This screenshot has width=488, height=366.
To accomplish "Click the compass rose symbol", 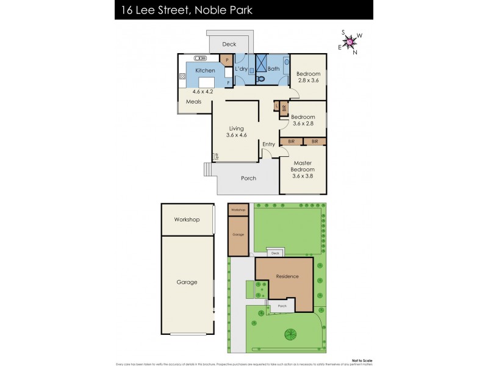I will pos(351,42).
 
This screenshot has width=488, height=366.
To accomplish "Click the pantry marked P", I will pos(227,60).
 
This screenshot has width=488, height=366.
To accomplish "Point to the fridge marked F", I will pos(228,82).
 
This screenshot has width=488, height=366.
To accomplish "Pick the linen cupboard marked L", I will pos(277,106).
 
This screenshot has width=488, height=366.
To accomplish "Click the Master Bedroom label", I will pos(303,167).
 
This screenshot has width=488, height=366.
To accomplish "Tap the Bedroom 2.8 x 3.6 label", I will pos(308,77).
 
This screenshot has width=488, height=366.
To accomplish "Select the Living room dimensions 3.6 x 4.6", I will pos(236,137).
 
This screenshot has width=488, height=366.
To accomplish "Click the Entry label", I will pos(269,144).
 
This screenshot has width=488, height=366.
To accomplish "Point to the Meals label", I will pos(194,102).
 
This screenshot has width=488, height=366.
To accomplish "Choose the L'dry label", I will pos(241,69).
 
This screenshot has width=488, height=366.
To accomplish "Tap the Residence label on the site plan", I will pos(287,276).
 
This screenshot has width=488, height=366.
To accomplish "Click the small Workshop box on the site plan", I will pos(239,210).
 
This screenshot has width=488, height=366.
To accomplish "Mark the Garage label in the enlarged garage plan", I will pos(187,282).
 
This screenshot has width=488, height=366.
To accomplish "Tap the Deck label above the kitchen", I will pos(229,44).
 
